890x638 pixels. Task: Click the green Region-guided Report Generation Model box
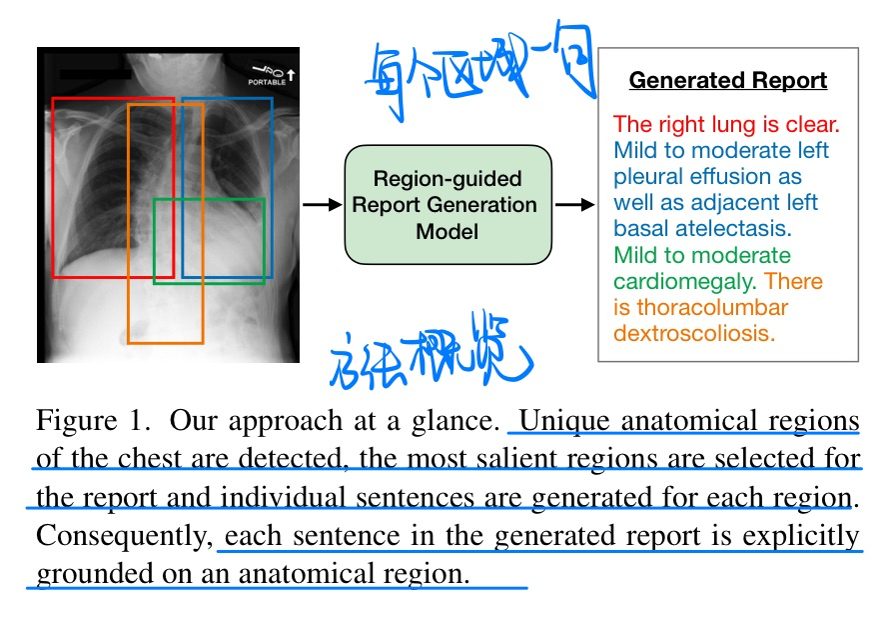point(447,205)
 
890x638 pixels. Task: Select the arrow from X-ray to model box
point(321,205)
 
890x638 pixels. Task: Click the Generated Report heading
point(728,81)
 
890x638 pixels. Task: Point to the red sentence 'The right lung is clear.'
point(726,125)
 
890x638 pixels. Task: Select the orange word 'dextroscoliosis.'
point(694,333)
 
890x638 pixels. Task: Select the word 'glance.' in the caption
point(457,421)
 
